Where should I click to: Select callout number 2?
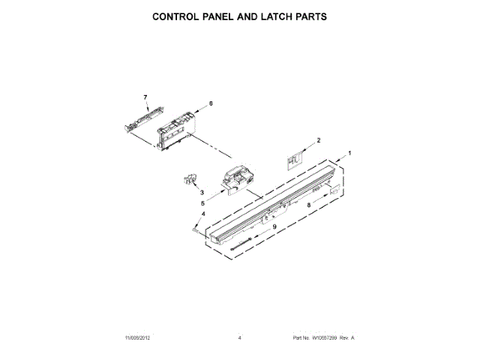coord(318,140)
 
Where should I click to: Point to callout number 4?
coord(203,214)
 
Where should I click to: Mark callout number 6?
coord(211,103)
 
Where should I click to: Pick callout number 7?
coord(145,97)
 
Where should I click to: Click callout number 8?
coord(308,204)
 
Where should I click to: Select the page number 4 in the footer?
coord(239,338)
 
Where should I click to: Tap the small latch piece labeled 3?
coord(190,180)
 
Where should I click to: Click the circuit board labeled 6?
coord(177,127)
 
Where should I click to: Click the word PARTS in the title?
coord(304,16)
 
